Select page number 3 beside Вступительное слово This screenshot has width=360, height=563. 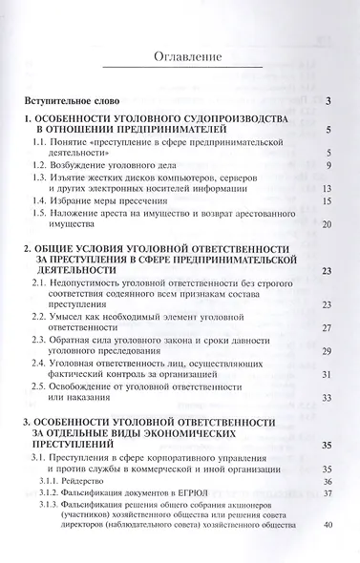(x=328, y=102)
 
